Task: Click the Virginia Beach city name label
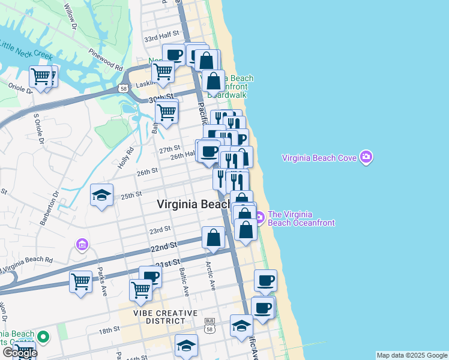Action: click(x=193, y=204)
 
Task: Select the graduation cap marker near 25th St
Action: click(x=102, y=196)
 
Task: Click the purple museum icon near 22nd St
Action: click(x=82, y=245)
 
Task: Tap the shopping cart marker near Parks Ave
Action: click(x=80, y=281)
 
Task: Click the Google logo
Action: click(x=19, y=352)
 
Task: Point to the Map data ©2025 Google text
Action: click(x=411, y=355)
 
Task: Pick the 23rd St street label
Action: click(x=160, y=230)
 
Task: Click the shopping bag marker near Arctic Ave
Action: click(x=213, y=238)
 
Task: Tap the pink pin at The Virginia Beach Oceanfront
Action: click(x=259, y=218)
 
